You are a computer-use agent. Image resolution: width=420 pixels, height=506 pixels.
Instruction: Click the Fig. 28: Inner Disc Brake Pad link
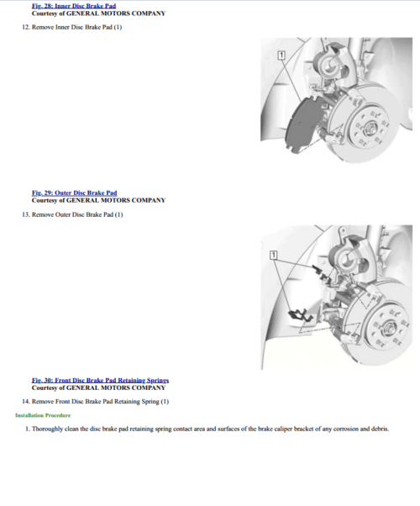(x=74, y=6)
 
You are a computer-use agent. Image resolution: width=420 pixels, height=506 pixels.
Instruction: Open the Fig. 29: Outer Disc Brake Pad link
(x=74, y=193)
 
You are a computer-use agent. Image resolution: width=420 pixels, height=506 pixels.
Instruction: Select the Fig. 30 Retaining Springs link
(x=100, y=380)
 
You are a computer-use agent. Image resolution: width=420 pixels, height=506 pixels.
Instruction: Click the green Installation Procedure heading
(x=43, y=415)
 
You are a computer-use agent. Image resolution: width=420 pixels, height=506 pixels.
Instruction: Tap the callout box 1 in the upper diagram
(x=281, y=55)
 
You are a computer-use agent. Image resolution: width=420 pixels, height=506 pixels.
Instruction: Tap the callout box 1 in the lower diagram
(x=273, y=256)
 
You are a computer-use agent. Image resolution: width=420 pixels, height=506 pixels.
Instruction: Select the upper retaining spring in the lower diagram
(x=318, y=271)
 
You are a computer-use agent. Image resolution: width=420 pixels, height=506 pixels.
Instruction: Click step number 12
(x=26, y=27)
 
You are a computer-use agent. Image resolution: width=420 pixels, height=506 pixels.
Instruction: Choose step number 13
(x=26, y=214)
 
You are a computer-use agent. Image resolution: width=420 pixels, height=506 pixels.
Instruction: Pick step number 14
(x=26, y=402)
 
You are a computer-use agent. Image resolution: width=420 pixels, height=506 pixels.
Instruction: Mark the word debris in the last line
(x=380, y=429)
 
